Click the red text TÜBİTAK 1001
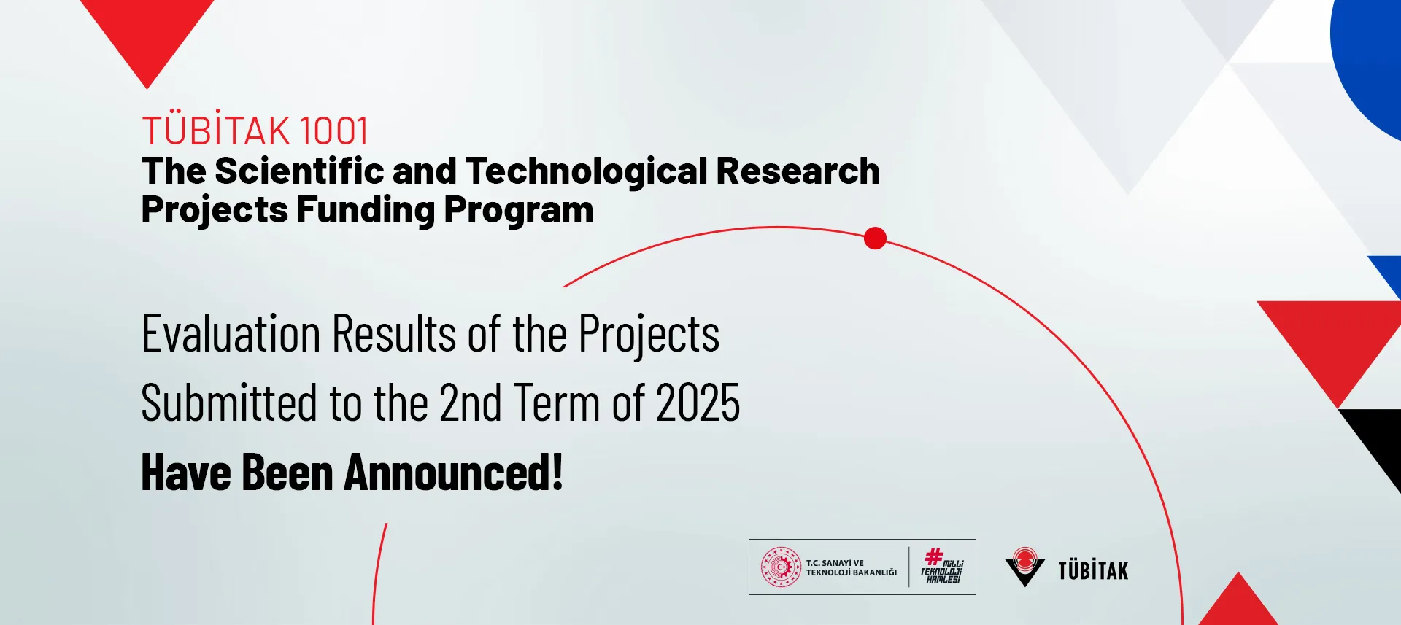(255, 131)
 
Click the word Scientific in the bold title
(300, 171)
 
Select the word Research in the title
(798, 171)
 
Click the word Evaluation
(231, 334)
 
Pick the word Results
(395, 334)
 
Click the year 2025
(698, 403)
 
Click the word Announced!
(454, 473)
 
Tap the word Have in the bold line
(186, 473)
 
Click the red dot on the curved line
(875, 238)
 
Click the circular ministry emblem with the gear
(781, 567)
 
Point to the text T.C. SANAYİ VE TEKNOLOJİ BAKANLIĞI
(852, 567)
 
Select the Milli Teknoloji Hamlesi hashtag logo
(942, 566)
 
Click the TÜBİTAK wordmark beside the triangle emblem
(1093, 570)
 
